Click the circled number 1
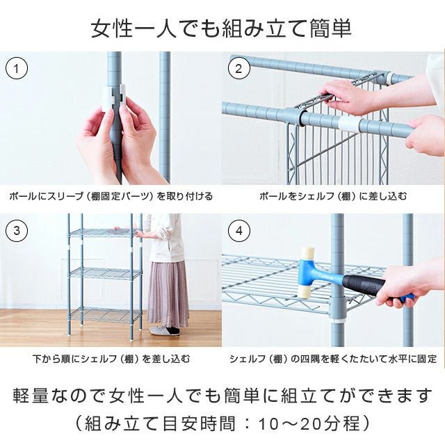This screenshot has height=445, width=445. [x=17, y=69]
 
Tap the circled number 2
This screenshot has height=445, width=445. [x=239, y=69]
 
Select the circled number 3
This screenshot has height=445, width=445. [x=17, y=230]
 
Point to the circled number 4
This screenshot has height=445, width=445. [x=239, y=230]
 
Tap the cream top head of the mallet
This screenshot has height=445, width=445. [x=307, y=253]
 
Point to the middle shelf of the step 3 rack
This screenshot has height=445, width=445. [x=106, y=273]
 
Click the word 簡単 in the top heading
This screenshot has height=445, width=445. [x=330, y=29]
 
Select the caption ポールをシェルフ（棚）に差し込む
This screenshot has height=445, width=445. [x=333, y=196]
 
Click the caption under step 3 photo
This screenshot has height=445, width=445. [x=111, y=359]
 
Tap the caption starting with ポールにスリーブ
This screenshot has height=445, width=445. [x=111, y=196]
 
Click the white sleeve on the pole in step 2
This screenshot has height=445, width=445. [x=350, y=124]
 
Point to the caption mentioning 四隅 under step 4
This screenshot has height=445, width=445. [x=333, y=359]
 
